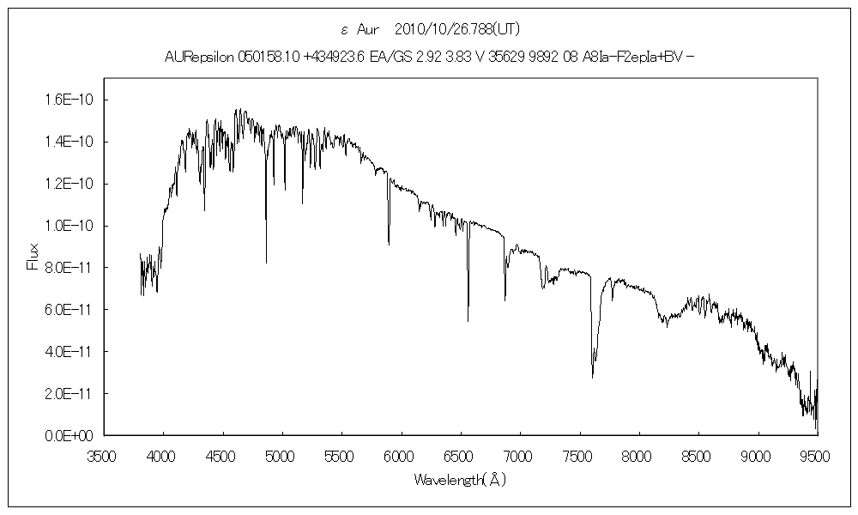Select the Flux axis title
(33, 257)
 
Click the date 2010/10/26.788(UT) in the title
(454, 29)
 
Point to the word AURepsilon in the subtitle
(196, 58)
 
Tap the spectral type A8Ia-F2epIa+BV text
(617, 58)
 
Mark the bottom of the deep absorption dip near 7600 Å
(593, 377)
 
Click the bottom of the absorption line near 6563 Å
(468, 321)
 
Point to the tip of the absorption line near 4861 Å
(266, 263)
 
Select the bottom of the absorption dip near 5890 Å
(389, 245)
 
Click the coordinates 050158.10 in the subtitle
(259, 58)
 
